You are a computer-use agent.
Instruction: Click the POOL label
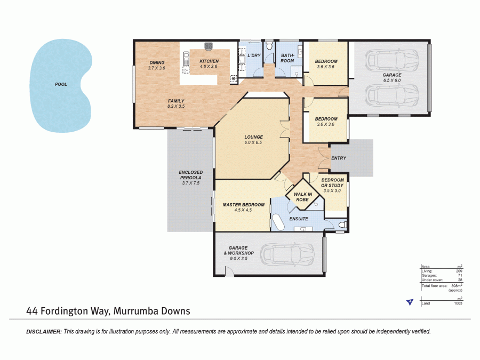coord(61,84)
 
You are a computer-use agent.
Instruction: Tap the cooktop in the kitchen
coord(234,79)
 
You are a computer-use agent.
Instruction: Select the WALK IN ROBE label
coord(302,197)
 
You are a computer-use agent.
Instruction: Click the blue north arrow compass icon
coord(409,302)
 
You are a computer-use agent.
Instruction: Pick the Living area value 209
coord(459,271)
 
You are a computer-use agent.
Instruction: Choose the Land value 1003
coord(458,303)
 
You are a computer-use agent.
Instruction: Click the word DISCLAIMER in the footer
coord(44,332)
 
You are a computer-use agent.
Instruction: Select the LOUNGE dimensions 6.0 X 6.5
coord(253,143)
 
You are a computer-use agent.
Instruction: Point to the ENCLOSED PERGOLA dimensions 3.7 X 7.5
coord(190,183)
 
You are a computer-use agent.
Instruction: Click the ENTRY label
coord(339,158)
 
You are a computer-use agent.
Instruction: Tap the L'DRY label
coord(253,55)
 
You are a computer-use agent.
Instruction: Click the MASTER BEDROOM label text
coord(243,205)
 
